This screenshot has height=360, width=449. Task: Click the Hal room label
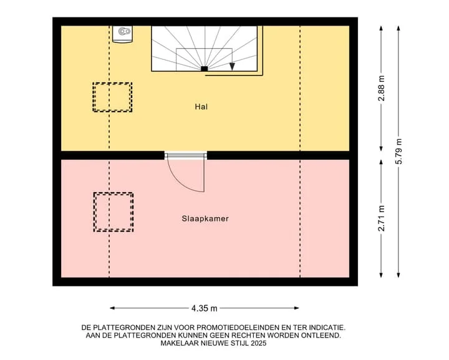[x=201, y=107]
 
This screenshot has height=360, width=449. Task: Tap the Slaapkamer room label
[x=205, y=219]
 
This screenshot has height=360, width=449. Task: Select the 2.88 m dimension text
[x=381, y=89]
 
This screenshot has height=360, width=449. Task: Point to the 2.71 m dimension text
[x=381, y=218]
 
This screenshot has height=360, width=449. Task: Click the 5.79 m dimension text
[x=398, y=151]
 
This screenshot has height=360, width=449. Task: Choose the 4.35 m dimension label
[x=204, y=308]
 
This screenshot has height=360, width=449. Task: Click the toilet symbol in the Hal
[x=123, y=34]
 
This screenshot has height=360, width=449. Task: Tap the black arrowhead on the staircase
[x=232, y=66]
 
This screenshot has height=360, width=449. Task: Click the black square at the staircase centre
[x=204, y=69]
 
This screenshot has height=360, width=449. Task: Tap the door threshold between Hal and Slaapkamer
[x=186, y=155]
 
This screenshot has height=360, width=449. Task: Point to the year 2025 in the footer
[x=258, y=343]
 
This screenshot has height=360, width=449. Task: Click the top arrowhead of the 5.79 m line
[x=398, y=28]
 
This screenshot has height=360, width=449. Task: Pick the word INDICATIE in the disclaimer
[x=326, y=328]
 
